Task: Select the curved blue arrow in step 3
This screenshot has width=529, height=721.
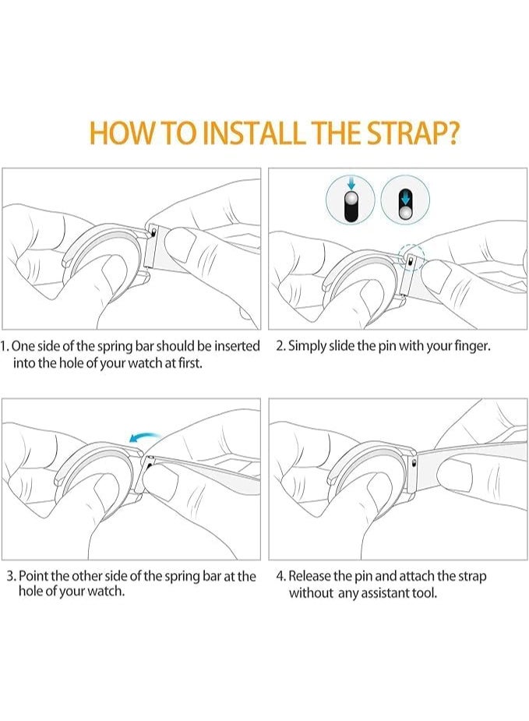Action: point(144,436)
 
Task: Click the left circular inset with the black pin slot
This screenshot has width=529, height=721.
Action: point(351,200)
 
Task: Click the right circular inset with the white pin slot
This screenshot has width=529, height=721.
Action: point(405,200)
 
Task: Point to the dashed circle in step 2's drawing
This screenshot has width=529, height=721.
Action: point(411,256)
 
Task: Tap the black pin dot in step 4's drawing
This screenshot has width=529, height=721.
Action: point(416,461)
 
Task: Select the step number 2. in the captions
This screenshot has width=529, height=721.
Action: point(280,346)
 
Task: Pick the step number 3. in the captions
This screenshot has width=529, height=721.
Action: point(12,576)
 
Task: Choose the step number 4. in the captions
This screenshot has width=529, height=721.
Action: point(280,576)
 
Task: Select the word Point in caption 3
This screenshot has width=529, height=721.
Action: point(34,576)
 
